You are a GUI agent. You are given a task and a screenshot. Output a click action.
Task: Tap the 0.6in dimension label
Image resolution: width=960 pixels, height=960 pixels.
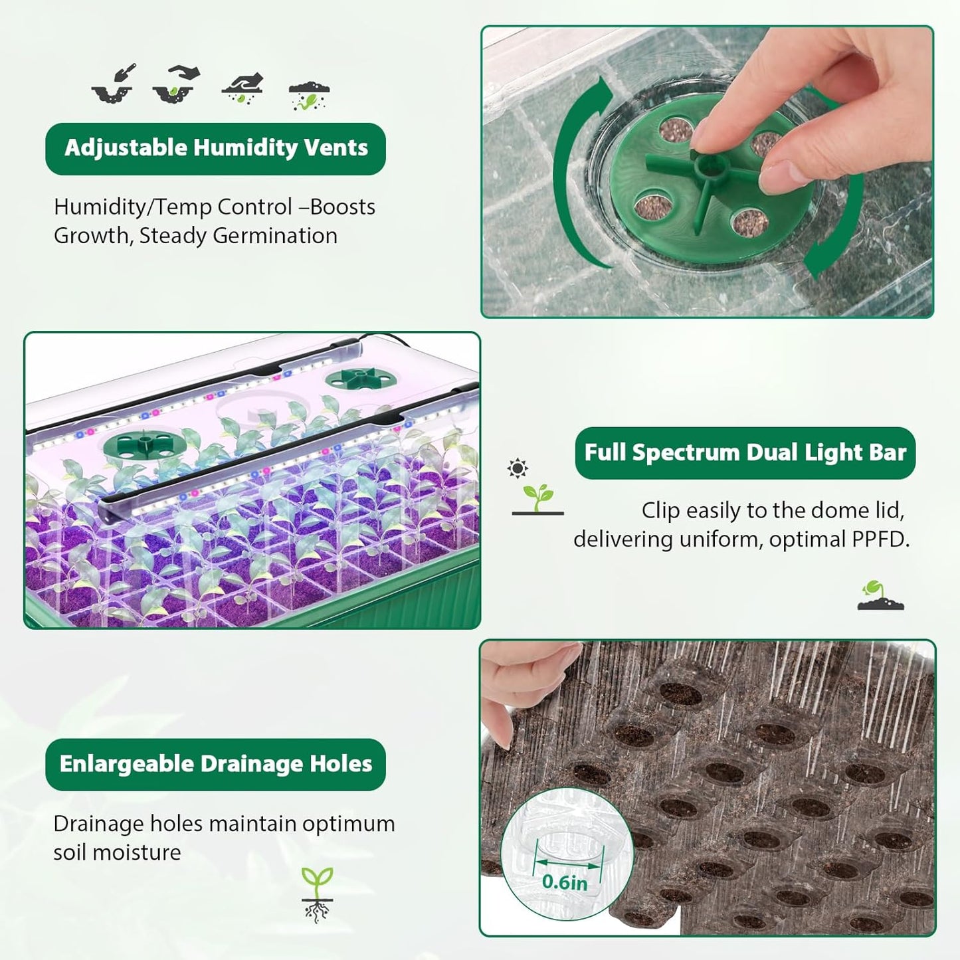pyautogui.click(x=565, y=882)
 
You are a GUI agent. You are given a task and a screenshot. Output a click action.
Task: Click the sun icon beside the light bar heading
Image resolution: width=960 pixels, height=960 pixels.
pyautogui.click(x=517, y=468)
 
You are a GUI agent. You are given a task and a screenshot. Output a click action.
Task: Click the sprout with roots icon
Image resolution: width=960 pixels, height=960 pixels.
pyautogui.click(x=317, y=894)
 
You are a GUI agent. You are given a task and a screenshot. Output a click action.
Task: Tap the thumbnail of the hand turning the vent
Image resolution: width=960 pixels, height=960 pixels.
pyautogui.click(x=707, y=172)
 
